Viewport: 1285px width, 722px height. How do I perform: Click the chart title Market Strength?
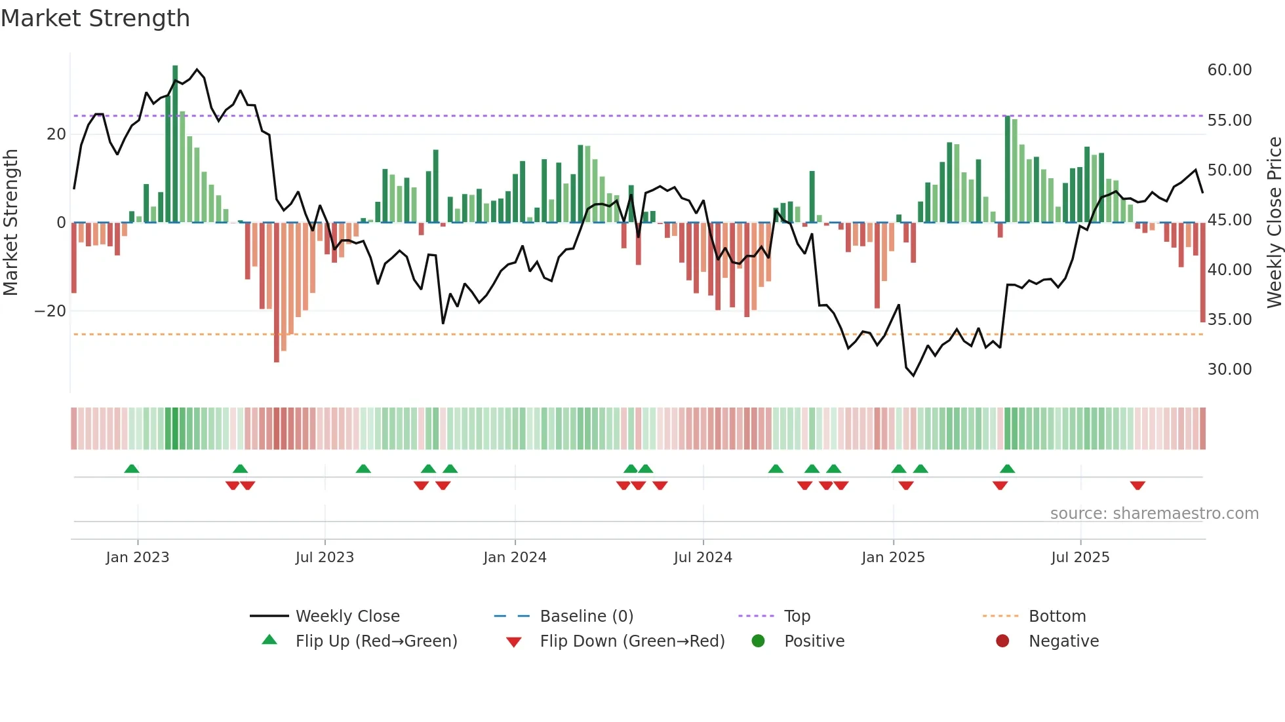click(x=95, y=18)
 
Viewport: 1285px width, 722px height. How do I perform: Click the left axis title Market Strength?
click(x=10, y=222)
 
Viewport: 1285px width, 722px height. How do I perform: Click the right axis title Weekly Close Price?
click(x=1274, y=222)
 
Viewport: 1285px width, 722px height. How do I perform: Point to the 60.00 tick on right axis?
click(x=1229, y=70)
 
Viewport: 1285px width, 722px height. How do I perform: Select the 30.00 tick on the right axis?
click(x=1229, y=370)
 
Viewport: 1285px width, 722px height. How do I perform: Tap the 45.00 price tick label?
click(x=1229, y=220)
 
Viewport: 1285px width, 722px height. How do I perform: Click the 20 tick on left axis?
click(x=56, y=134)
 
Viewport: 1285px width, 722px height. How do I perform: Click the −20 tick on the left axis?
click(x=50, y=311)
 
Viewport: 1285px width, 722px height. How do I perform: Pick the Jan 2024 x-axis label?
click(x=515, y=558)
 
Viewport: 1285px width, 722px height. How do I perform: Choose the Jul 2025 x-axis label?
click(x=1080, y=558)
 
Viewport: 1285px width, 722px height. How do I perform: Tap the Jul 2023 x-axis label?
click(x=325, y=558)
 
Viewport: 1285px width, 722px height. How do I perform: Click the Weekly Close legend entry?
click(x=347, y=617)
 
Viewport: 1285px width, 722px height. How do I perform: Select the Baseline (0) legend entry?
click(x=586, y=617)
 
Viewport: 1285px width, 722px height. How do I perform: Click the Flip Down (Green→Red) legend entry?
click(x=632, y=641)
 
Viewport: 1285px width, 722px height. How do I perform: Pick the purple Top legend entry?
click(x=797, y=617)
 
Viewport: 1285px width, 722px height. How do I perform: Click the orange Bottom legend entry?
click(x=1057, y=617)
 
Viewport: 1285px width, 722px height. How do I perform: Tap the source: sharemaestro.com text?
click(x=1154, y=514)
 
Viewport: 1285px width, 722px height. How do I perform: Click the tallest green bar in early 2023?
click(x=175, y=144)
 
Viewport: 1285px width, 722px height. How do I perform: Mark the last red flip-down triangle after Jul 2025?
click(x=1137, y=485)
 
